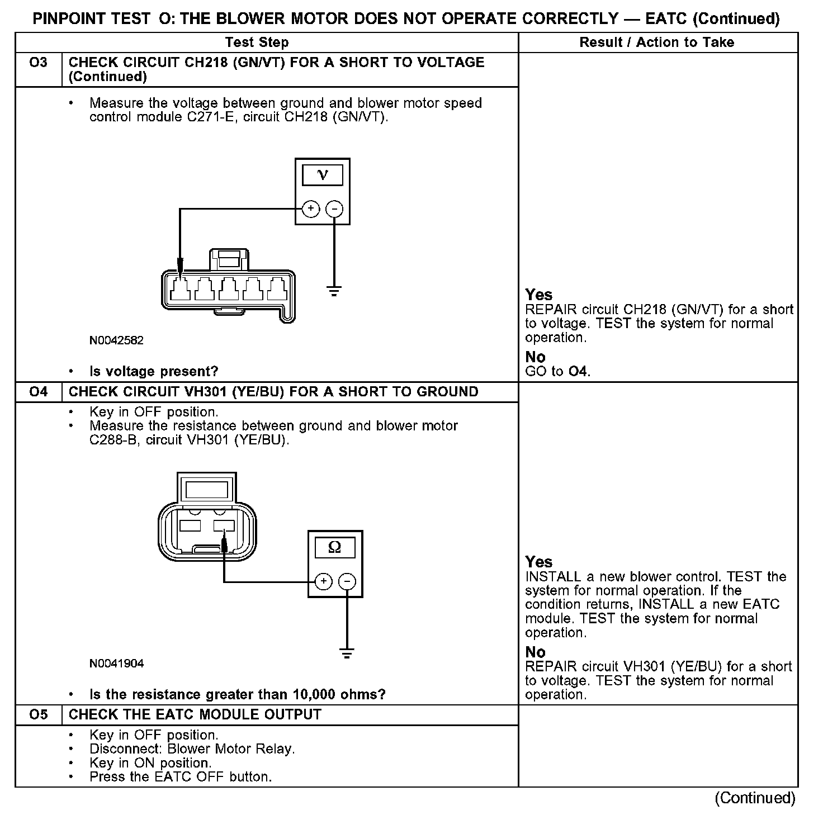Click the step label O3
38,63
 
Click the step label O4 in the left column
38,392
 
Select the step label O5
38,715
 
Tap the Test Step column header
257,42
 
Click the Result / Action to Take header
657,42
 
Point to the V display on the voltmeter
323,176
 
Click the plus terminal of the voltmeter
310,209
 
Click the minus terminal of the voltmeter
334,209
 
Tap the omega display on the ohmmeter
335,547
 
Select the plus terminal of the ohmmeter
323,582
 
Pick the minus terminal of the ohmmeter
347,582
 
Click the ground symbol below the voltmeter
334,291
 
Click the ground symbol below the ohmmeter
347,653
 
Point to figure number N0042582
116,340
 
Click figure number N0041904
116,664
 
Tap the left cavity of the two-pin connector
190,525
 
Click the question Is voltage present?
154,371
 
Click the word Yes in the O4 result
539,562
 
